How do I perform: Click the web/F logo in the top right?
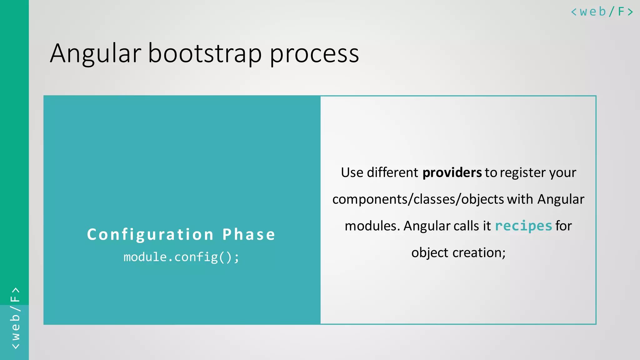coord(602,12)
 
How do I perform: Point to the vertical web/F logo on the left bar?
coord(15,318)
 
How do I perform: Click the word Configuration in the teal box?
coord(150,234)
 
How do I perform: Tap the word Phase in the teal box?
coord(249,234)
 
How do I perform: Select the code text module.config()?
coord(181,257)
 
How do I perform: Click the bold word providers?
coord(452,173)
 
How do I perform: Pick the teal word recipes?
coord(523,226)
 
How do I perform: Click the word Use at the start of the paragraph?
coord(352,173)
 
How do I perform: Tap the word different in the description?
coord(392,173)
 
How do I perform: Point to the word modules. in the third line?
coord(372,226)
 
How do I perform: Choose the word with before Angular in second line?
coord(520,199)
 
